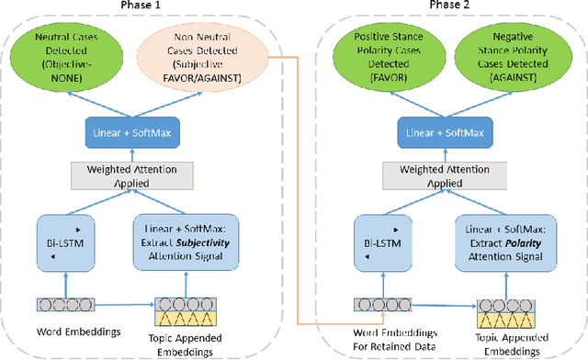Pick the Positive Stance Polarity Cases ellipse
pyautogui.click(x=382, y=58)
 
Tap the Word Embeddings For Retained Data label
pyautogui.click(x=383, y=336)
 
